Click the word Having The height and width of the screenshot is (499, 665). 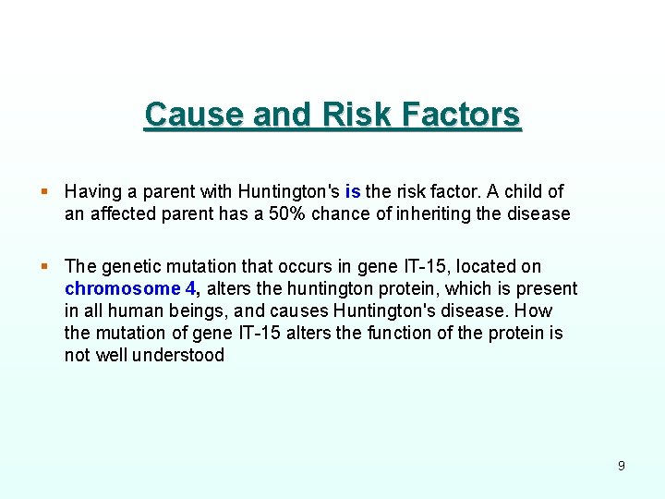click(92, 192)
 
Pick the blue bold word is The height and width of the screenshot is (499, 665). click(352, 192)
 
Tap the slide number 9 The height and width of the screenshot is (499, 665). click(621, 466)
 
